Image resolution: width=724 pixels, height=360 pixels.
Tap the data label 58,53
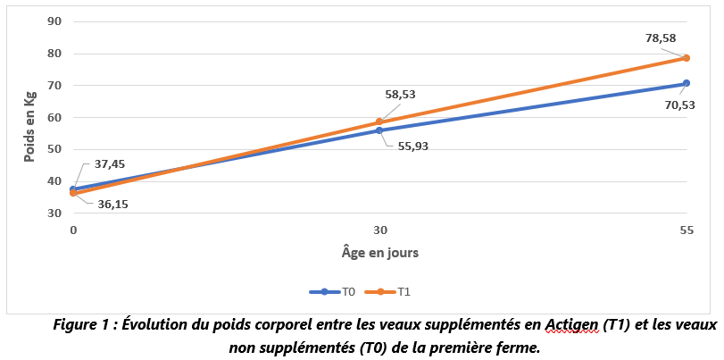(401, 94)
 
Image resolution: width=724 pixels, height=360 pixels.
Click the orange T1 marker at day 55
(686, 58)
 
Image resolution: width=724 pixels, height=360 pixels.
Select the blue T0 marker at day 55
(686, 83)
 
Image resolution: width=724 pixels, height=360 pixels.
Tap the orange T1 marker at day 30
(379, 122)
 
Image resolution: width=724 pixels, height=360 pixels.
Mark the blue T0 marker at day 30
(379, 130)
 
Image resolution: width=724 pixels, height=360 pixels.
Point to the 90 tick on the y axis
(54, 21)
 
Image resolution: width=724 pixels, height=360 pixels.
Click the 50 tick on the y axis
(54, 149)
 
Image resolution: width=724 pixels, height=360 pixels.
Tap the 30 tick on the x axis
(379, 230)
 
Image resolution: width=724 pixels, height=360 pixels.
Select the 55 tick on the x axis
(686, 230)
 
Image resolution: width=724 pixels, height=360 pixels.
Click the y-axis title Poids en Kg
(29, 117)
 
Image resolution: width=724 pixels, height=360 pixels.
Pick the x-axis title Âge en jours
(379, 252)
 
